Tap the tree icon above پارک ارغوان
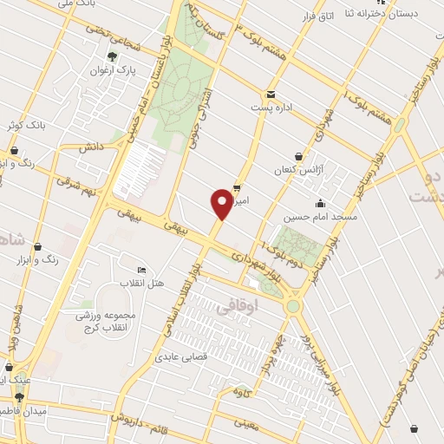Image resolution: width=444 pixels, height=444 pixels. (x=111, y=56)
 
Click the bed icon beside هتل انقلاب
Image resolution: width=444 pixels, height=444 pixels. (x=142, y=270)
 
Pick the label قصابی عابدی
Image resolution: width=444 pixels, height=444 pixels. (x=178, y=356)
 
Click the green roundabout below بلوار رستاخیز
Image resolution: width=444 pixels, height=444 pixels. (x=293, y=306)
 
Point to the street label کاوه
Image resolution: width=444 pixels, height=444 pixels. (x=243, y=393)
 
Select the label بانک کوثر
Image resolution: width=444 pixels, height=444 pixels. (x=24, y=127)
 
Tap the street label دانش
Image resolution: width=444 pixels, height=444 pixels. (x=92, y=147)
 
